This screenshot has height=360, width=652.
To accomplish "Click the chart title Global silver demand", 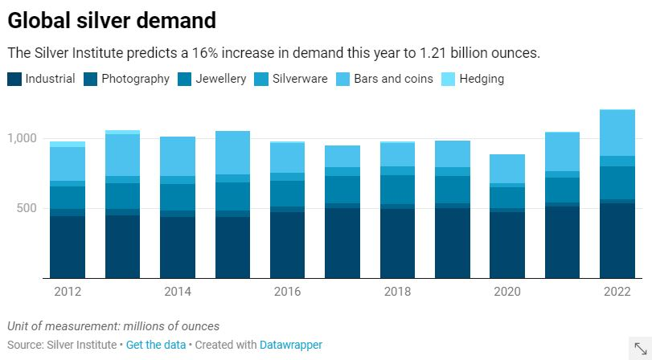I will [x=112, y=19].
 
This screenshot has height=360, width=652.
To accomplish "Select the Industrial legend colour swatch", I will [x=15, y=79].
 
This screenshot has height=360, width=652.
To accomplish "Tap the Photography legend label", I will [x=135, y=79].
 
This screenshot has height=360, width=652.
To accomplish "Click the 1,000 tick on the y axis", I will [x=23, y=138].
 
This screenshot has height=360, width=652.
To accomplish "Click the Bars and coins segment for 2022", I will [x=617, y=133].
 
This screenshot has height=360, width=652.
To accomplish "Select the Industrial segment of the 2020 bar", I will [x=507, y=245].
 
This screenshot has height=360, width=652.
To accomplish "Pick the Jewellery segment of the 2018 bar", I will [x=397, y=190].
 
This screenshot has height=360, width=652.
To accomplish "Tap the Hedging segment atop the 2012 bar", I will [x=68, y=144].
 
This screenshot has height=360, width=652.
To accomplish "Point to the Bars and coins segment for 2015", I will [x=232, y=153].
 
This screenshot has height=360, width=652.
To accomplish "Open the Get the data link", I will [x=156, y=345].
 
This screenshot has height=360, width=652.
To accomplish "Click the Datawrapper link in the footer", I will [x=291, y=345].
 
